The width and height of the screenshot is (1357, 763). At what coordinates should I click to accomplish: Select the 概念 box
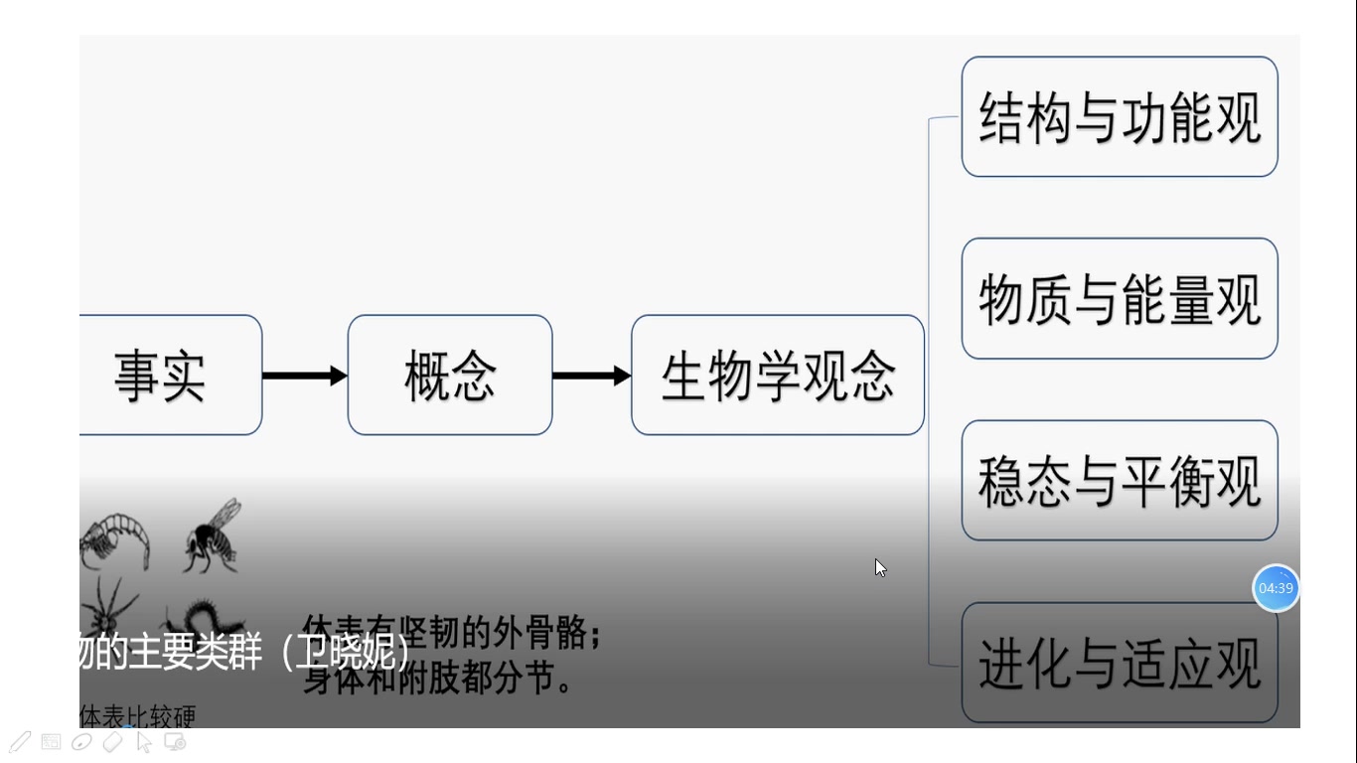pos(450,376)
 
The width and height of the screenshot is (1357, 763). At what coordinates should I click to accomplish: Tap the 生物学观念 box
pos(778,376)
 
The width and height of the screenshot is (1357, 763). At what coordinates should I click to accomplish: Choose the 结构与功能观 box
pos(1120,117)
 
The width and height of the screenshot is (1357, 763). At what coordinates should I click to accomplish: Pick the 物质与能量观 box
pos(1120,299)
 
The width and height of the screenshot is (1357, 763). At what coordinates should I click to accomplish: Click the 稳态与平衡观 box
pos(1120,481)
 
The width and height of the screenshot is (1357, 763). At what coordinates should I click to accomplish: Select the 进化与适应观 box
pos(1120,663)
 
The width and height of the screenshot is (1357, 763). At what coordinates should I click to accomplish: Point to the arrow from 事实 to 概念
pos(304,376)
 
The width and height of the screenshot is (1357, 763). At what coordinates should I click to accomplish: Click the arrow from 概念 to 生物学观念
pos(591,376)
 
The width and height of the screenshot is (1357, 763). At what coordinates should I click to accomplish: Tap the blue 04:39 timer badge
pos(1276,588)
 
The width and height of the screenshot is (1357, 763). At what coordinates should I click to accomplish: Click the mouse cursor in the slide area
pos(880,567)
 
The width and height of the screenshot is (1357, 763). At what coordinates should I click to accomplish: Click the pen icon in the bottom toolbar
pos(20,741)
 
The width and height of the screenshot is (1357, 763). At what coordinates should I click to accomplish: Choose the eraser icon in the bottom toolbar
pos(112,741)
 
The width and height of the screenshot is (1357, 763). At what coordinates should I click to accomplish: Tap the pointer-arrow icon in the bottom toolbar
pos(143,741)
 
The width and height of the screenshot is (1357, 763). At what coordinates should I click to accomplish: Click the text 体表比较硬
pos(137,716)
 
